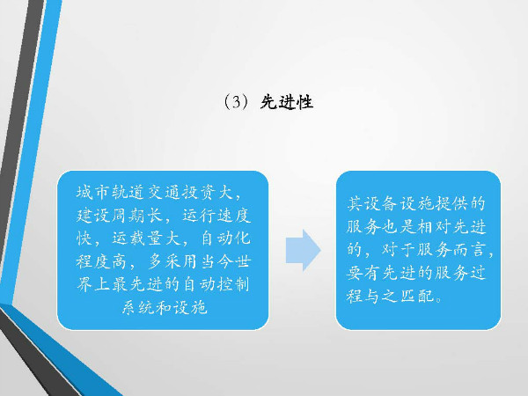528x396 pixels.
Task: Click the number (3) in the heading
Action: coord(237,102)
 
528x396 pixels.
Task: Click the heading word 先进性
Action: coord(287,102)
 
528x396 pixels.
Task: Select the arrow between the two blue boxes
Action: coord(303,250)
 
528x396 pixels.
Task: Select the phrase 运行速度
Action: coord(216,216)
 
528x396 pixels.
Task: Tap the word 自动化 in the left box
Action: coord(225,238)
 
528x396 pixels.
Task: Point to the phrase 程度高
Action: coord(102,261)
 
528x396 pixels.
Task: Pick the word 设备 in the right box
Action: coord(381,204)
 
